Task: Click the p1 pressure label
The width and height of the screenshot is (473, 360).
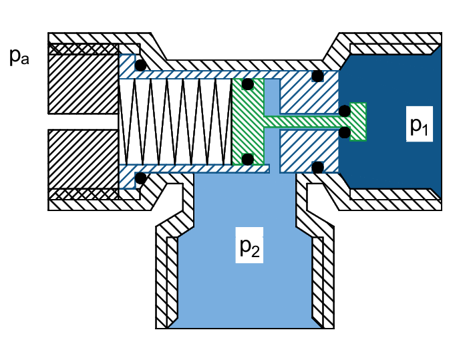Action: coord(418,126)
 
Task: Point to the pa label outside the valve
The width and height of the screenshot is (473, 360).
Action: coord(19,56)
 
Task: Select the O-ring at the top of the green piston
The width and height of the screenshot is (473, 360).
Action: coord(247,84)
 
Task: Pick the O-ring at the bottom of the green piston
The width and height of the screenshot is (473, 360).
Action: coord(247,158)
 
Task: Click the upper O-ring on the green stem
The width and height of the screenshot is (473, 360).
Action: coord(344,110)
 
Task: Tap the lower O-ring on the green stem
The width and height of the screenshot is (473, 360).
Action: coord(344,132)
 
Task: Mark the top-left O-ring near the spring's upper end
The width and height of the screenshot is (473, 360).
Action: coord(140,65)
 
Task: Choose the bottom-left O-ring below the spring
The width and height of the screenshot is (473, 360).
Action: coord(140,178)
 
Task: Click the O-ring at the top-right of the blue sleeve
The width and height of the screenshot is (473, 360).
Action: coord(317,76)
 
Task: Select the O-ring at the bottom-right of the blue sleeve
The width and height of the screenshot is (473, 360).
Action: coord(317,166)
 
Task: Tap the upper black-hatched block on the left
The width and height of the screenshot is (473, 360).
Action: coord(84,83)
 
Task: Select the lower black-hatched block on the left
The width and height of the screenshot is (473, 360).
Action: coord(84,159)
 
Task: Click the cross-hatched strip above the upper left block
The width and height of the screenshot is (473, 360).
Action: coord(84,49)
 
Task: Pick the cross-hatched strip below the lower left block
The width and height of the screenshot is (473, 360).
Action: coord(84,194)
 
